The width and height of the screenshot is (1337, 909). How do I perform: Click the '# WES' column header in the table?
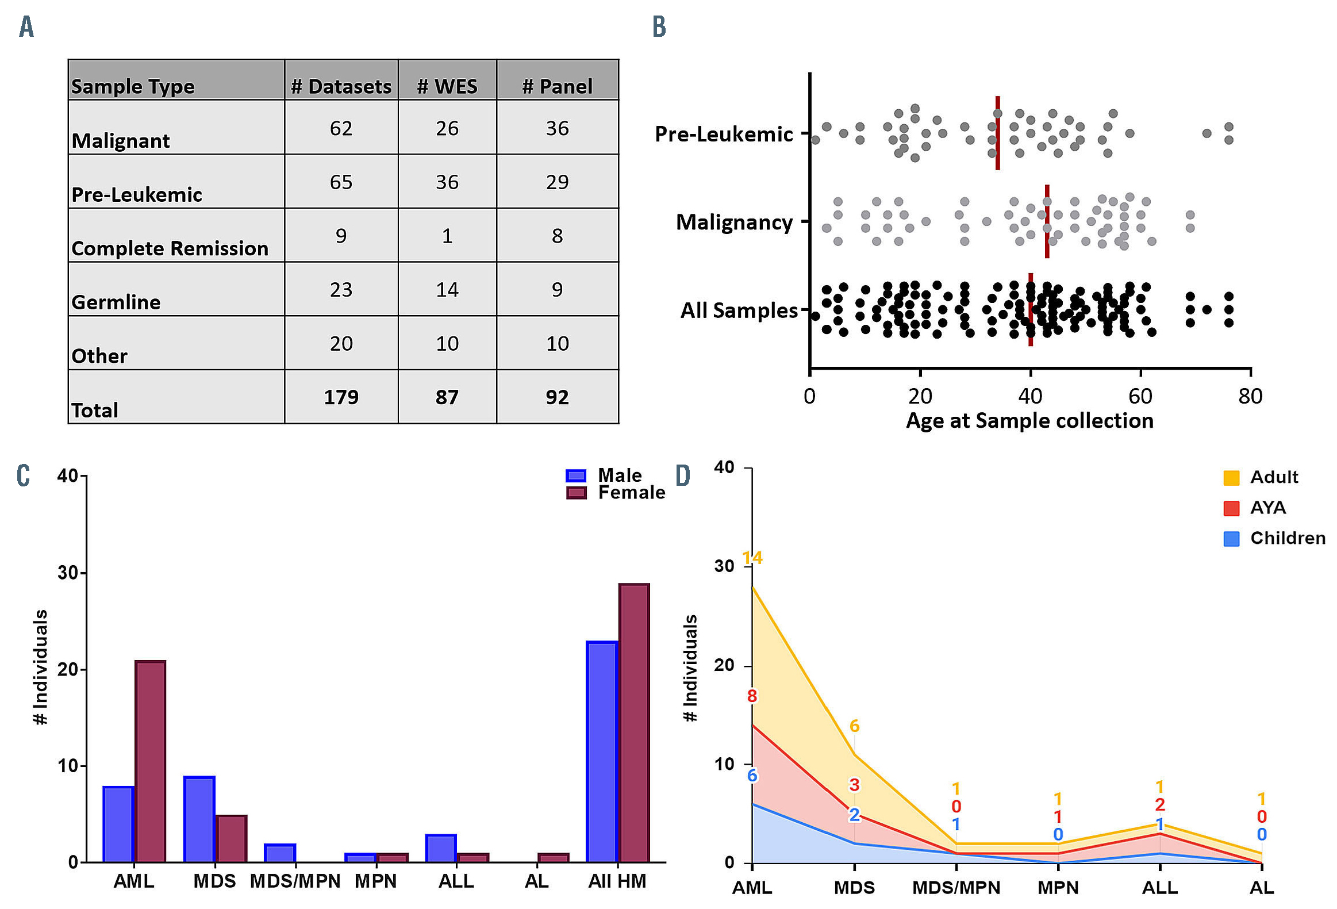point(447,86)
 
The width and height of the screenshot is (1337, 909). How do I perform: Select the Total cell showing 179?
point(341,397)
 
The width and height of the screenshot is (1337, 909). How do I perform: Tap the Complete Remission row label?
point(170,248)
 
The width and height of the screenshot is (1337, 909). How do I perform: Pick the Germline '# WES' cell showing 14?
point(447,289)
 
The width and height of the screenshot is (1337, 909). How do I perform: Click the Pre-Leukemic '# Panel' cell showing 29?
point(557,182)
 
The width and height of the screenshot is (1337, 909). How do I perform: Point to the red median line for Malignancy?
point(1047,221)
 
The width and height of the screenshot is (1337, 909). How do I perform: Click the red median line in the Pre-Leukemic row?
point(997,133)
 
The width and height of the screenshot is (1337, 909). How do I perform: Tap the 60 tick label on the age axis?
point(1140,396)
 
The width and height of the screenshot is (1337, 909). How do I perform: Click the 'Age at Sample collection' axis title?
point(1030,420)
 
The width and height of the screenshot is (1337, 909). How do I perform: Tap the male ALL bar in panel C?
point(441,848)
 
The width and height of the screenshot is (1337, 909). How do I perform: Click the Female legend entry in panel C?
point(616,493)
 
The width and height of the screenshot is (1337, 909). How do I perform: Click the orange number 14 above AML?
point(752,558)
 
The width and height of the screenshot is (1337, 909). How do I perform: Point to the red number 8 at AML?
point(752,696)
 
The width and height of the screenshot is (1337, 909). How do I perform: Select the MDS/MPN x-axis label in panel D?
point(956,888)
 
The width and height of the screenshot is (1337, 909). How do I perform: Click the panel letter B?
point(659,27)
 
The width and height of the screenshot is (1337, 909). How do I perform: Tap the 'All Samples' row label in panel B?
point(739,310)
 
